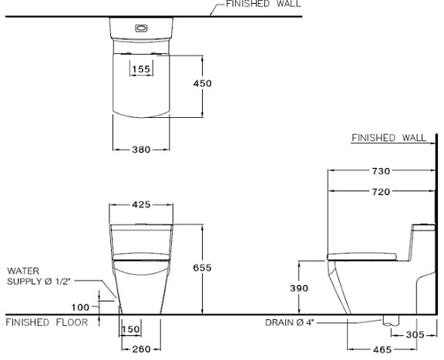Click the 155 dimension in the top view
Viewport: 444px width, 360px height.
point(140,69)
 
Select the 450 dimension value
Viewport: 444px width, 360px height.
point(202,83)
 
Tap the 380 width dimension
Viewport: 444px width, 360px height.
point(140,150)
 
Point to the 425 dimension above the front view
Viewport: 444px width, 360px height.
point(140,205)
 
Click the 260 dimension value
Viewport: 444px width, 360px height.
point(140,350)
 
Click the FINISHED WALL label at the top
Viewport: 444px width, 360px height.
point(264,5)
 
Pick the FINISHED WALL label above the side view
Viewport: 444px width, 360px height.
point(388,138)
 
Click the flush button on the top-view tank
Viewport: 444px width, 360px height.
point(140,28)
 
